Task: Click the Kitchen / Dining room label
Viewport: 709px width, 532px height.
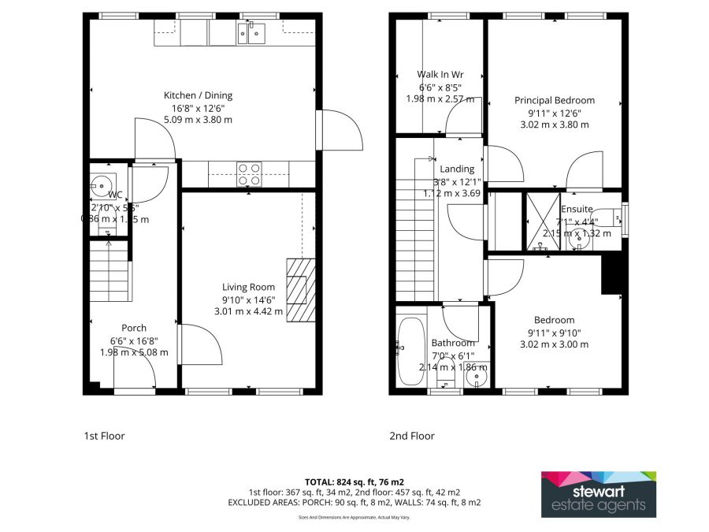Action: click(198, 95)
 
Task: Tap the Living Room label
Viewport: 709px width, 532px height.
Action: click(248, 288)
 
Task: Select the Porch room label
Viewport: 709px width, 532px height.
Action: click(134, 328)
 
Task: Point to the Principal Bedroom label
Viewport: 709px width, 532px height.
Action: click(555, 100)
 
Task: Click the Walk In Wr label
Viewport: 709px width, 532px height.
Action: click(440, 75)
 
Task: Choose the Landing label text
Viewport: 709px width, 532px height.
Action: click(457, 169)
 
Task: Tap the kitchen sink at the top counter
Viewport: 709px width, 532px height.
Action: click(254, 33)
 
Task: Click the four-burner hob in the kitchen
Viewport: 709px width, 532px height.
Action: click(249, 173)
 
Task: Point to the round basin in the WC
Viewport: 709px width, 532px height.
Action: click(100, 186)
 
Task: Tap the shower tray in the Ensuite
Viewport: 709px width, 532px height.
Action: click(542, 221)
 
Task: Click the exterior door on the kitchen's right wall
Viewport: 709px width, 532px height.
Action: click(339, 130)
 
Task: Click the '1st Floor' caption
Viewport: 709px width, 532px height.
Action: click(104, 436)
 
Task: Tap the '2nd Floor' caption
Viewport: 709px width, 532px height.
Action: click(411, 436)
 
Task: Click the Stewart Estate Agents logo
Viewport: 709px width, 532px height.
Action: click(598, 494)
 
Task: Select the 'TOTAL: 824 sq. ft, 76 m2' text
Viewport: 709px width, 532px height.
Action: click(354, 481)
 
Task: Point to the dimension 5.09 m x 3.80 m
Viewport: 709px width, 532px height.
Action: click(198, 120)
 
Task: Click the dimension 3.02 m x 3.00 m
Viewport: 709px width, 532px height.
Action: click(555, 344)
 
